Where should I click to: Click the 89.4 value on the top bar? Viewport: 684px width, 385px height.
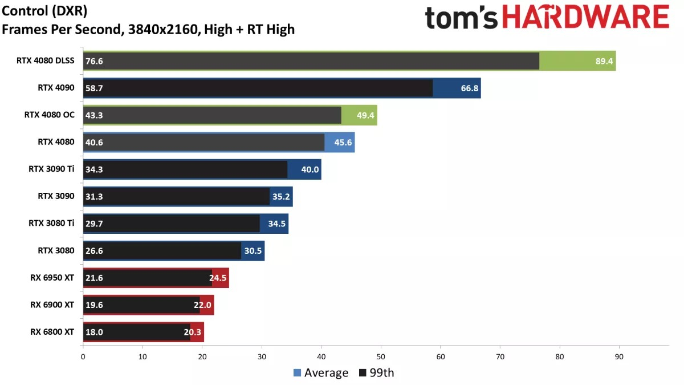[x=604, y=61]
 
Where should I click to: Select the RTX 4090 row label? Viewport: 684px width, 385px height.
[x=56, y=88]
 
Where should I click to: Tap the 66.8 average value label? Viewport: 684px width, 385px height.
[x=469, y=88]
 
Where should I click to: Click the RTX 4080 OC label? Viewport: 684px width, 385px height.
[x=49, y=115]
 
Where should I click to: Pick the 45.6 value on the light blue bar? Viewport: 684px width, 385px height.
[x=343, y=142]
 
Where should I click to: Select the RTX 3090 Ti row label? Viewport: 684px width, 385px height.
[x=51, y=169]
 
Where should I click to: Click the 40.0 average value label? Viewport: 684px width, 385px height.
[x=310, y=169]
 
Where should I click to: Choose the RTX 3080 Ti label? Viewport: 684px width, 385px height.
[x=51, y=223]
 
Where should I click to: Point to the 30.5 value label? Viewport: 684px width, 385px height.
[x=253, y=250]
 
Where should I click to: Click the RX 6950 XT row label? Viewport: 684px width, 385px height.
[x=52, y=278]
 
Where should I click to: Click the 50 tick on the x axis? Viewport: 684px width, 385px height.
[x=381, y=357]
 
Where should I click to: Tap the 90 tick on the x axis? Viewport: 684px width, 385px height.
[x=619, y=357]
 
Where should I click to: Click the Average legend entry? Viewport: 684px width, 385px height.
[x=321, y=373]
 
